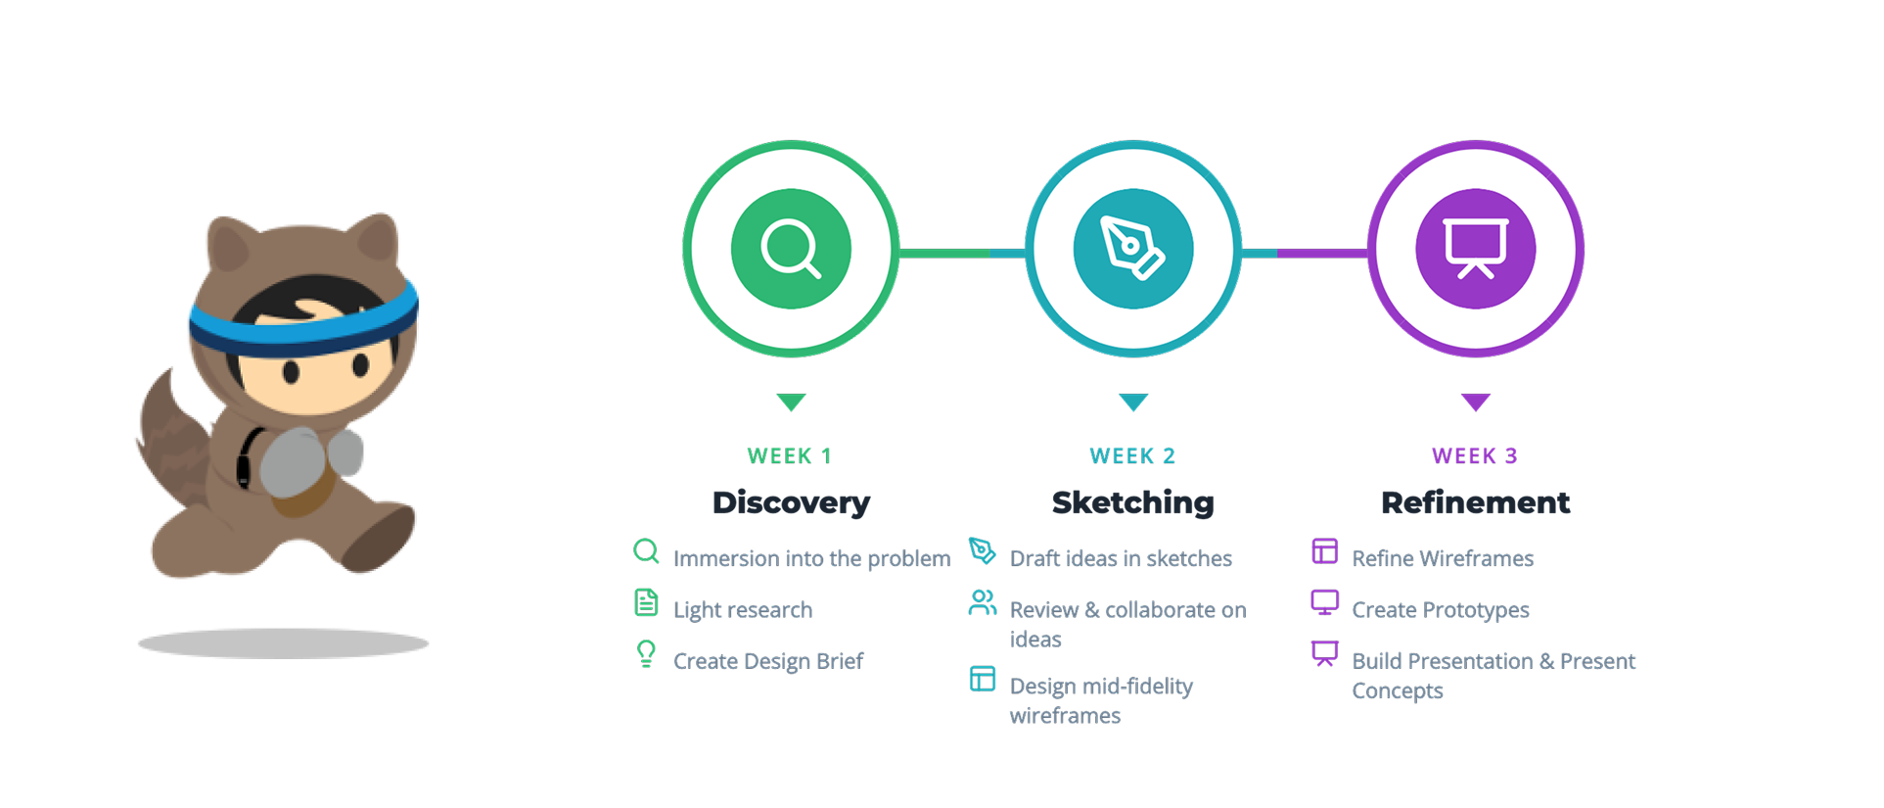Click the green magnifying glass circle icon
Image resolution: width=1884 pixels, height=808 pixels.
coord(791,249)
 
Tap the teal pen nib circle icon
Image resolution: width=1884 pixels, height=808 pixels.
coord(1133,249)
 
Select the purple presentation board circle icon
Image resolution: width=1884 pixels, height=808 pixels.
coord(1476,249)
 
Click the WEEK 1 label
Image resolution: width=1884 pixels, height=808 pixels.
coord(789,455)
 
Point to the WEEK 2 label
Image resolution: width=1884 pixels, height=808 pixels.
coord(1132,455)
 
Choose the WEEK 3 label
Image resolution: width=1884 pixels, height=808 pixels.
coord(1474,455)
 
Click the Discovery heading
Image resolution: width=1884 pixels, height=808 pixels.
coord(791,502)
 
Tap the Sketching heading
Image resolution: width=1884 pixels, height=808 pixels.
coord(1132,502)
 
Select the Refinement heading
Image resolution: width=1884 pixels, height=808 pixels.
coord(1475,502)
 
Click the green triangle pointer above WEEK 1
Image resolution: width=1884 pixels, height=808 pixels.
coord(791,402)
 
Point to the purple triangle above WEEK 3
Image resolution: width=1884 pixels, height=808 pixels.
coord(1476,402)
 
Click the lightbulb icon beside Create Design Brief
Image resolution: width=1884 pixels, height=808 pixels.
coord(646,653)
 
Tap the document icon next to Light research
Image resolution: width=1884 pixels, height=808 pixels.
coord(646,602)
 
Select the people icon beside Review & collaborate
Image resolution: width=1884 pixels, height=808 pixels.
coord(982,602)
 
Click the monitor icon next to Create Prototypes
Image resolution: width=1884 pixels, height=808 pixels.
coord(1324,602)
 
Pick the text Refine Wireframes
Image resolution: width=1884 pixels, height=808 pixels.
coord(1443,558)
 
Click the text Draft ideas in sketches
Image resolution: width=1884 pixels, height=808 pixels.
coord(1121,558)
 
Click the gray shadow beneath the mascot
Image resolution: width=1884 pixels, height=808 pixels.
coord(284,643)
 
